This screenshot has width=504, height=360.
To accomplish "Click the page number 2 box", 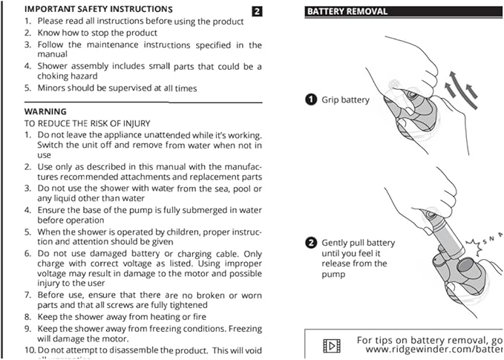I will pyautogui.click(x=257, y=11).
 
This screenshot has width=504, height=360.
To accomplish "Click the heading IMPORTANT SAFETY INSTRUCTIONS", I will pyautogui.click(x=98, y=9).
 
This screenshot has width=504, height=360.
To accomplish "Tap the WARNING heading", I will pyautogui.click(x=46, y=111).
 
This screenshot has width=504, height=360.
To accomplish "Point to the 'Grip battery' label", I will pyautogui.click(x=345, y=99).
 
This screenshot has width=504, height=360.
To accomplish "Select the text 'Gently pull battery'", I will pyautogui.click(x=358, y=243).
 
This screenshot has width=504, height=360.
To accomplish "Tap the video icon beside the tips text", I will pyautogui.click(x=331, y=345).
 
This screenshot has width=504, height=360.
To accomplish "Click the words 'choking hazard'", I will pyautogui.click(x=63, y=76).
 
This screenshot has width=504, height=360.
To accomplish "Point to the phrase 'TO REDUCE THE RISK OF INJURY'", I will pyautogui.click(x=88, y=123).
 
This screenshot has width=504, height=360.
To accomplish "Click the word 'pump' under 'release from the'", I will pyautogui.click(x=333, y=274).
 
